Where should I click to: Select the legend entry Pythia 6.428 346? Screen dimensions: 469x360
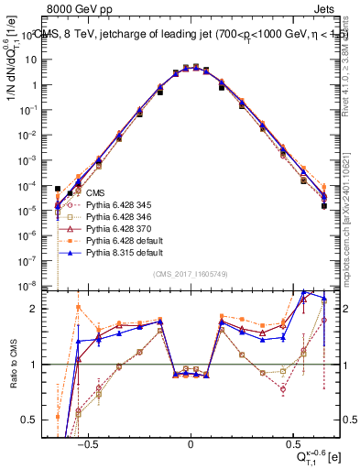[117, 216]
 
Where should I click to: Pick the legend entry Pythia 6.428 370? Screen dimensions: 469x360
[117, 228]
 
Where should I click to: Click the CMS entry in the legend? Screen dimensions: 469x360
[95, 192]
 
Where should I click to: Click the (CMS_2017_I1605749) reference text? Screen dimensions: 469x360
[191, 275]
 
